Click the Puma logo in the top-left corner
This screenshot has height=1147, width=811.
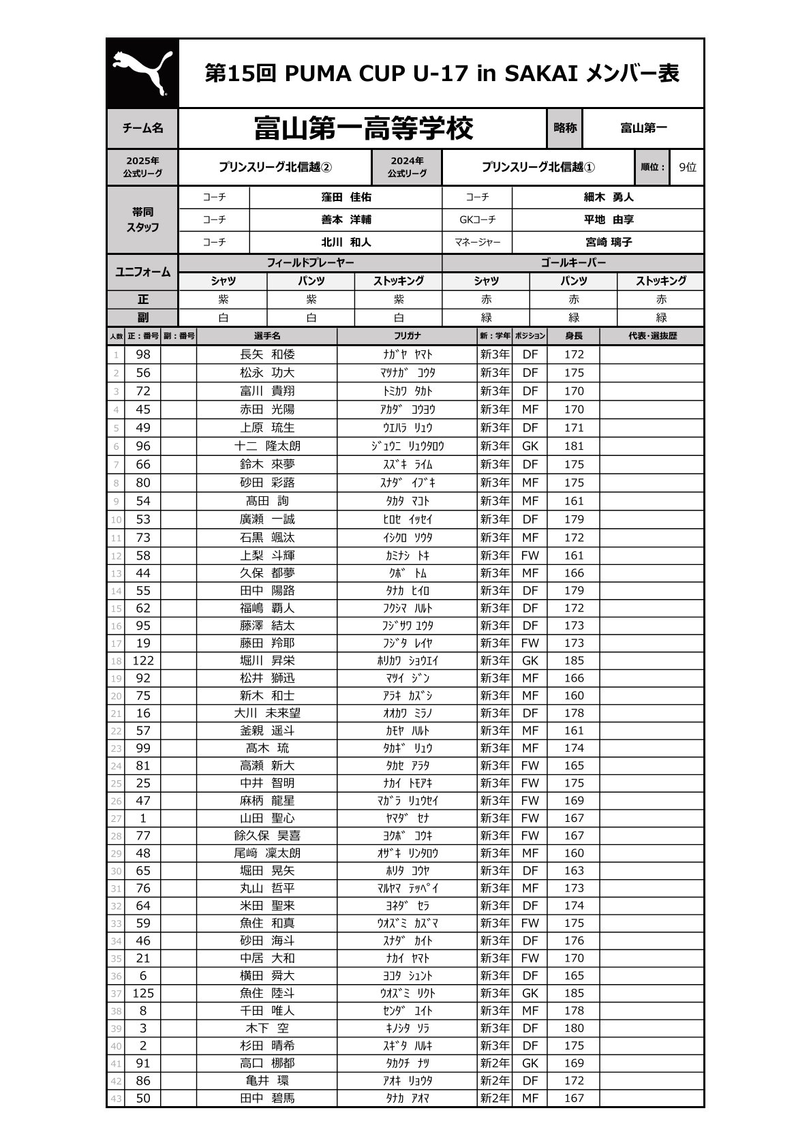click(142, 73)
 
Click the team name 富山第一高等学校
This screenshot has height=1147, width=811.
click(363, 128)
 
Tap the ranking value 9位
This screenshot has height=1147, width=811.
click(688, 167)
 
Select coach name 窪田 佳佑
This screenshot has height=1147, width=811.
click(346, 197)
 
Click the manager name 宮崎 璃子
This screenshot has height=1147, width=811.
click(608, 242)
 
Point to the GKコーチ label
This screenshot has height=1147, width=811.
click(477, 219)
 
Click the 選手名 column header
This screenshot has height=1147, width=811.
click(266, 336)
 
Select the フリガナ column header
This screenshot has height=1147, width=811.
click(408, 336)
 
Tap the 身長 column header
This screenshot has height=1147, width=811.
click(573, 336)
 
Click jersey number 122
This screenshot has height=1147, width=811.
click(143, 660)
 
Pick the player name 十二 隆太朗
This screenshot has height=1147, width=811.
click(267, 446)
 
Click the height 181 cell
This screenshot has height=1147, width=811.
click(574, 446)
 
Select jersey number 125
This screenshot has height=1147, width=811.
click(143, 993)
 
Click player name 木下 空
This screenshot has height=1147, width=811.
click(267, 1028)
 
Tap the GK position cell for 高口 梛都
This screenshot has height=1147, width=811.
click(530, 1063)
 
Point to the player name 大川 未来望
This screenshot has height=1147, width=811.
click(267, 713)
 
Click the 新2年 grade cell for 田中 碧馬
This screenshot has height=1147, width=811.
click(495, 1098)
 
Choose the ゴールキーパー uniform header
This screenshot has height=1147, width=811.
click(573, 262)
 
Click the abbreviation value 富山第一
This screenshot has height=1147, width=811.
click(643, 128)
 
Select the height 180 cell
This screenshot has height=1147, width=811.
click(574, 1028)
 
